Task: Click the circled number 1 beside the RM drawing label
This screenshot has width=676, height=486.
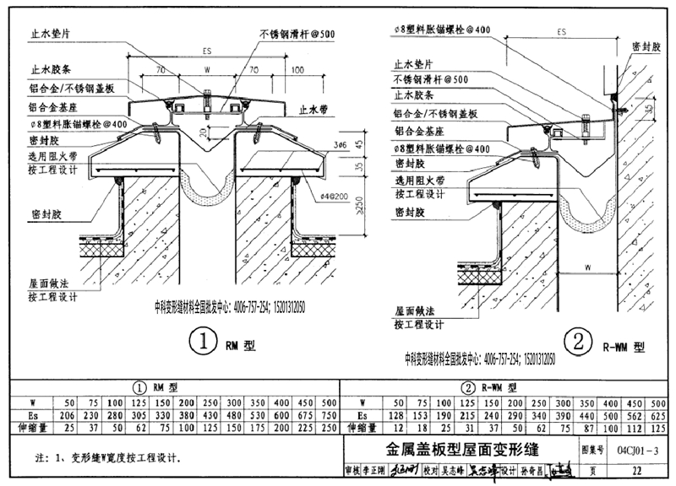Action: point(204,344)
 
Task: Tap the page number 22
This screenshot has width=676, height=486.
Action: point(636,470)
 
